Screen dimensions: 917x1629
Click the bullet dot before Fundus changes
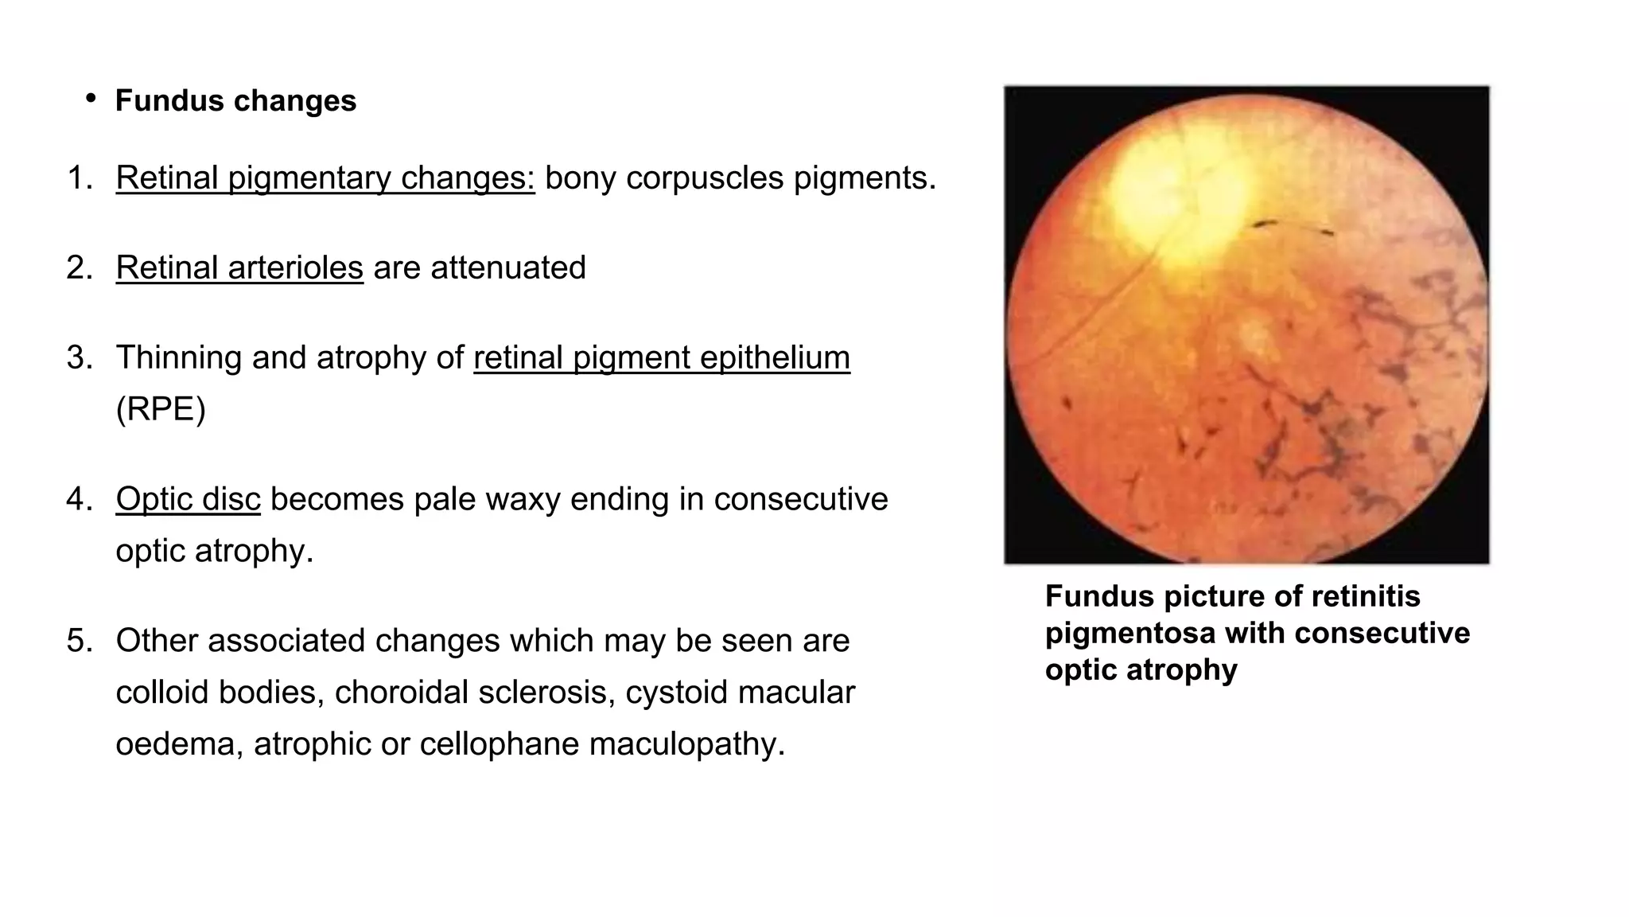pos(91,98)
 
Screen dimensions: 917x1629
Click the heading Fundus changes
pos(235,101)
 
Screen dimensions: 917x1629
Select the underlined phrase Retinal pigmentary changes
pos(325,178)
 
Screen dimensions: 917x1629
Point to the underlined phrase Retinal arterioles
pos(239,267)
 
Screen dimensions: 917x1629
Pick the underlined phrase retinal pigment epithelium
pos(661,357)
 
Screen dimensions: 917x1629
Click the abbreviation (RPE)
pos(161,409)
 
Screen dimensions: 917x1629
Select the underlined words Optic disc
pos(188,499)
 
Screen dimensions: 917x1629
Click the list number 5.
pos(80,641)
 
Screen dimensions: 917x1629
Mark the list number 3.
pos(80,357)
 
